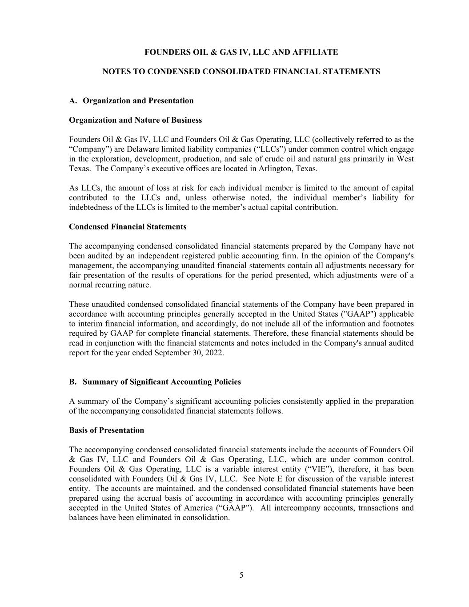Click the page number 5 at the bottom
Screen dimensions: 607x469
241,575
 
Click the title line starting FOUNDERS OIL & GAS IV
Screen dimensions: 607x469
241,52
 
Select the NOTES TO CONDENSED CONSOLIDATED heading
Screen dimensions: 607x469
241,72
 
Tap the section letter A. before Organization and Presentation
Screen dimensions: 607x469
74,100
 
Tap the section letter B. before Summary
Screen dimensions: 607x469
73,382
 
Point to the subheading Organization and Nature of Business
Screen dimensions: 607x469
135,120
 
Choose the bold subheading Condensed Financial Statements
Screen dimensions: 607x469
128,227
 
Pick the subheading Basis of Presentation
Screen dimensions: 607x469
106,430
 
